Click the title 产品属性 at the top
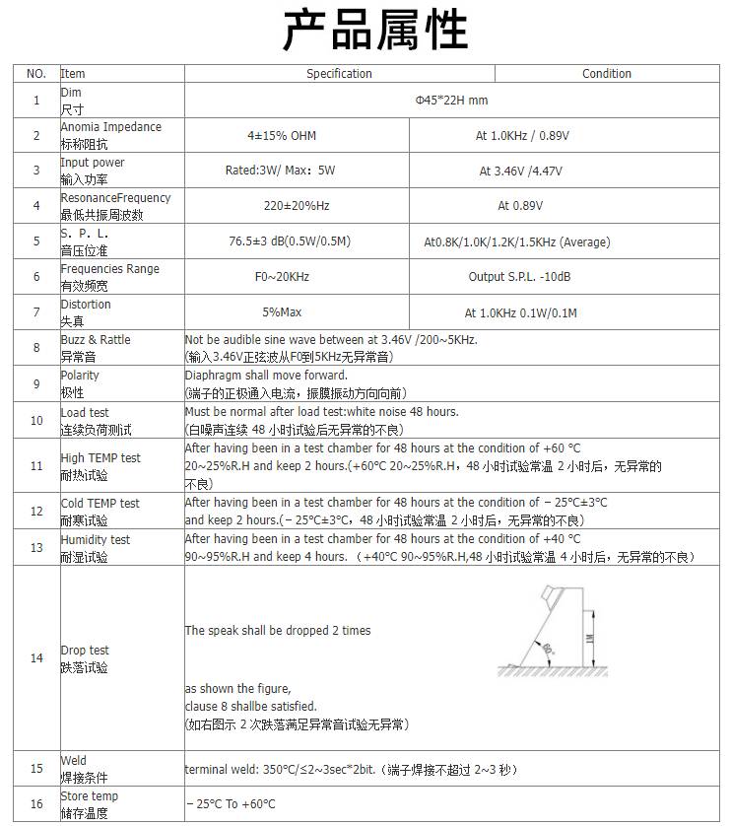(375, 32)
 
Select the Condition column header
(606, 74)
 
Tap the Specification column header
(339, 74)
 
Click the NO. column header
(36, 74)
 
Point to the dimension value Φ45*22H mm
(451, 101)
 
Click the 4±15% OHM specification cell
(282, 136)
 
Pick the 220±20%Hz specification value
(282, 207)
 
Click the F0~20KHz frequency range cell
(282, 277)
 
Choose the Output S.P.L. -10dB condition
(520, 277)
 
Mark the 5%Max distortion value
(282, 312)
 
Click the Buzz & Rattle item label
(96, 340)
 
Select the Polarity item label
(80, 376)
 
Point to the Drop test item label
(86, 651)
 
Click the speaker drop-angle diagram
(548, 631)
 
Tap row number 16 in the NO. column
(36, 804)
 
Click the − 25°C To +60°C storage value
(231, 804)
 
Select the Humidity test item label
(96, 540)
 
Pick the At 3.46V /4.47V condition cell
(520, 172)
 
